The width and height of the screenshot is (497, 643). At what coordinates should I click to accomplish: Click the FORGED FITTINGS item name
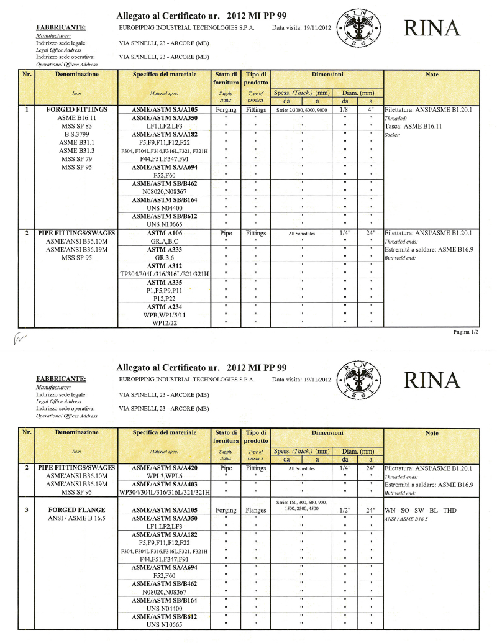click(x=77, y=109)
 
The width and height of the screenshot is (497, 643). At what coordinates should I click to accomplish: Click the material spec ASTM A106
click(x=165, y=234)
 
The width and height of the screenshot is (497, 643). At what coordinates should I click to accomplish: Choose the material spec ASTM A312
click(x=165, y=266)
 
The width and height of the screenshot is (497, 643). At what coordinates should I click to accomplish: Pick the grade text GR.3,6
click(x=165, y=257)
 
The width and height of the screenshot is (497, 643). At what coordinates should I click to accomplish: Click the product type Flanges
click(x=256, y=510)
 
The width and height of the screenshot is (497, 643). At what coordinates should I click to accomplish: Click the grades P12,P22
click(x=165, y=298)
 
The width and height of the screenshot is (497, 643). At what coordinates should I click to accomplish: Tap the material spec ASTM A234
click(x=165, y=307)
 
